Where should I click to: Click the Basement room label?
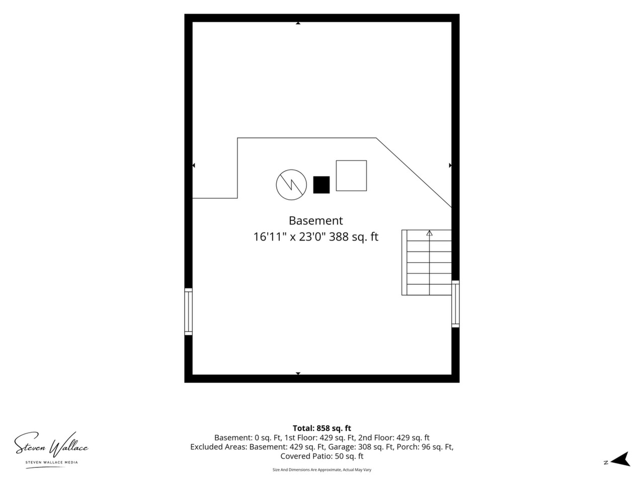coord(315,220)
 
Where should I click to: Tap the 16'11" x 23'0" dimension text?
coord(297,236)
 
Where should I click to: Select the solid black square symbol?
coord(321,185)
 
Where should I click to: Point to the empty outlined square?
coord(351,160)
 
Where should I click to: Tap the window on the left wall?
coord(188,311)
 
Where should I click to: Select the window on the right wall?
coord(455,303)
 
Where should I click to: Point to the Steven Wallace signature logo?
coord(51,445)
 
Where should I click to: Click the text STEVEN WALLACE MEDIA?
coord(51,462)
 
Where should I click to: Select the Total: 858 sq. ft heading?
coord(322,428)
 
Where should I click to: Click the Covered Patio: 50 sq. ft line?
coord(322,456)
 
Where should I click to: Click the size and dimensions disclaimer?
coord(322,469)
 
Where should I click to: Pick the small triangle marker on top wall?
coord(298,23)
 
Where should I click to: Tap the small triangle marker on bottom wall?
coord(298,373)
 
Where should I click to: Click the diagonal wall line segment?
coord(414,173)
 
